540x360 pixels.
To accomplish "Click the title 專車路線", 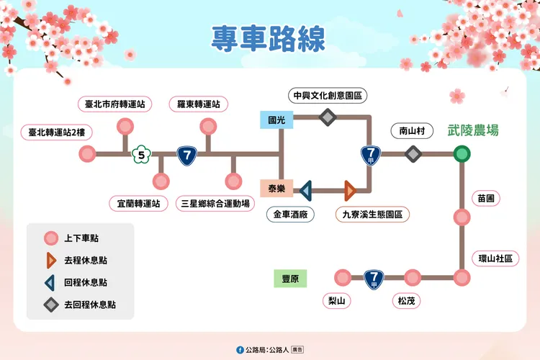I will pyautogui.click(x=268, y=40).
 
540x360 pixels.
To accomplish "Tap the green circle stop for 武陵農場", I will pyautogui.click(x=462, y=153).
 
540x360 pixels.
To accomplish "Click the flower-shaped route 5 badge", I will pyautogui.click(x=142, y=154).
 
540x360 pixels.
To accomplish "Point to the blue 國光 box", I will pyautogui.click(x=276, y=120).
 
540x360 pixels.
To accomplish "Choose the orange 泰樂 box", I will pyautogui.click(x=276, y=189).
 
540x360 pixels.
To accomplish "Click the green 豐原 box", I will pyautogui.click(x=290, y=278).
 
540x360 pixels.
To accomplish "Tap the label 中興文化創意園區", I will pyautogui.click(x=327, y=94).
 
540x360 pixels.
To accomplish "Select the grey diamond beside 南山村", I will pyautogui.click(x=413, y=153).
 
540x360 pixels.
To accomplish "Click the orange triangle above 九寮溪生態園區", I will pyautogui.click(x=351, y=190).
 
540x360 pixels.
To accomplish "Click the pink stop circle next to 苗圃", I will pyautogui.click(x=462, y=217).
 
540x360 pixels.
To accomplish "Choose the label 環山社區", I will pyautogui.click(x=495, y=258).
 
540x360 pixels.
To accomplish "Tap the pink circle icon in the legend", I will pyautogui.click(x=50, y=238).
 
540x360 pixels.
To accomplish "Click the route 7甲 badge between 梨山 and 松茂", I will pyautogui.click(x=374, y=278).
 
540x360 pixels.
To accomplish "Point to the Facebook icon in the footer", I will pyautogui.click(x=240, y=349).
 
